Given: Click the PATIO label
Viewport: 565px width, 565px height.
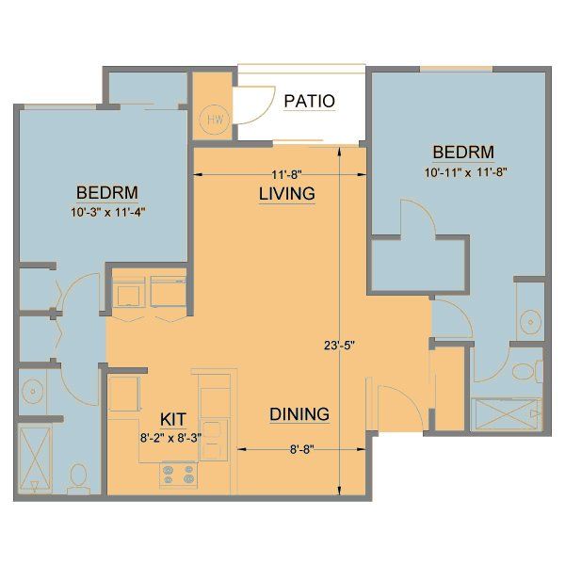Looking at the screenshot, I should pos(309,101).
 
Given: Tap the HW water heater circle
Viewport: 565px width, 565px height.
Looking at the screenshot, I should pos(214,120).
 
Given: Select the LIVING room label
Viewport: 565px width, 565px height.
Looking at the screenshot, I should pos(286,194).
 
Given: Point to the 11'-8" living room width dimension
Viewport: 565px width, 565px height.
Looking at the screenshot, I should pos(285,174).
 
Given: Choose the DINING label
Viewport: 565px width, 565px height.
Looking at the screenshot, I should pos(299,413).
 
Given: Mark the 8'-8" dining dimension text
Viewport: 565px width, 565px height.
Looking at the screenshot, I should pos(300,449).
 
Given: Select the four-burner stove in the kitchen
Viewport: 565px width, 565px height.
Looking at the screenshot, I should pos(178,473).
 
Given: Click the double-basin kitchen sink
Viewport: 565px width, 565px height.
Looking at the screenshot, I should pos(213,429).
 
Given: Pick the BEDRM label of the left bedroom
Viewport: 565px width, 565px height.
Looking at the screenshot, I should pos(107,193).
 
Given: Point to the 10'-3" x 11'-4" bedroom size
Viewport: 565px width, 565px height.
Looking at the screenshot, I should pos(107,212).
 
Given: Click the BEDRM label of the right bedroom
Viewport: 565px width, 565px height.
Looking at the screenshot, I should pos(463,153).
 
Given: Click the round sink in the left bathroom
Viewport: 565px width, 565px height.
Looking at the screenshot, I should pos(34,389).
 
